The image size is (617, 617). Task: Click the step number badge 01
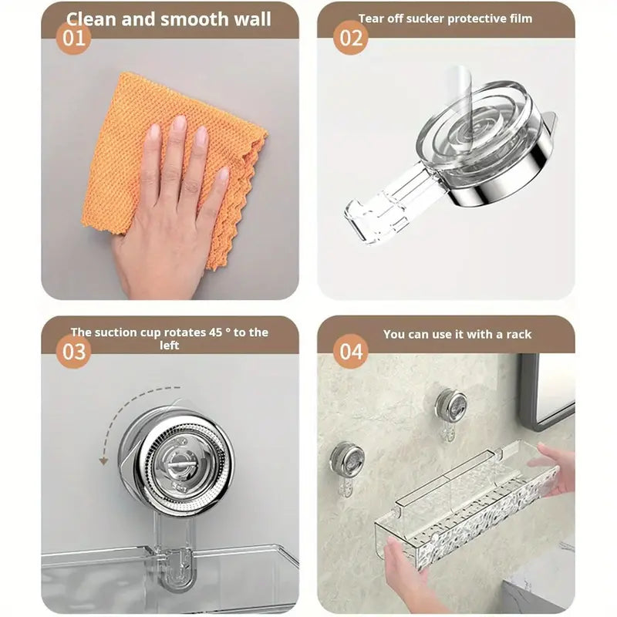point(74,38)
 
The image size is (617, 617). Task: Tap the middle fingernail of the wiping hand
point(179,123)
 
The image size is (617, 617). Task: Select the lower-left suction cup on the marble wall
point(347,460)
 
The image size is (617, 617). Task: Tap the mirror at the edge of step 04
point(549,389)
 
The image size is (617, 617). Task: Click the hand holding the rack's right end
point(557,467)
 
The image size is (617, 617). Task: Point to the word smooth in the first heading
point(192,19)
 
